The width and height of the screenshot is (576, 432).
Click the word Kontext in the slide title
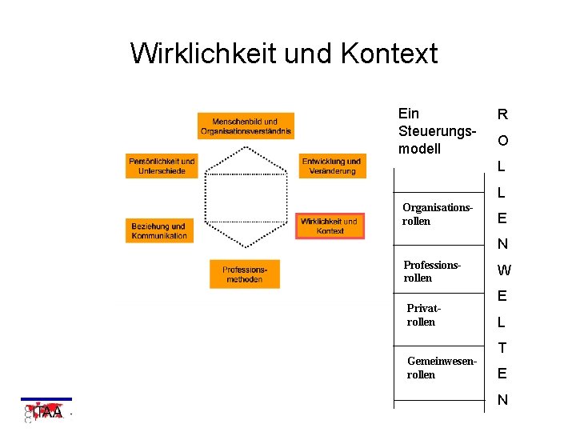(389, 54)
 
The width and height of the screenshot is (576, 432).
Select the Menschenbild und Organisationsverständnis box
(246, 126)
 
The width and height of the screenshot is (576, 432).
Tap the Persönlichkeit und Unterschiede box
(162, 166)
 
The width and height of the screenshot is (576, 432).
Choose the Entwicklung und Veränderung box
(331, 166)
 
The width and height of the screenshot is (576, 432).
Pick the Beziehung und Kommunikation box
(160, 230)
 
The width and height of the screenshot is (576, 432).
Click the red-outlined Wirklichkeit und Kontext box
(330, 226)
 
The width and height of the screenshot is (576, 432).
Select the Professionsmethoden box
(244, 274)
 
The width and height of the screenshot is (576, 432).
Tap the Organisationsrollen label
(437, 214)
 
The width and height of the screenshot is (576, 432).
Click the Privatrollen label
(423, 314)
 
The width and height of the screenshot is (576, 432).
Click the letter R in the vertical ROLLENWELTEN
(502, 114)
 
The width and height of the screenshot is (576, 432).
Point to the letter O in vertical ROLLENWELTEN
(502, 141)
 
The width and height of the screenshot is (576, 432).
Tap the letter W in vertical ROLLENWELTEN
(503, 270)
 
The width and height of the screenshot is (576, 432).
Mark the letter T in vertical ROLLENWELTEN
(502, 348)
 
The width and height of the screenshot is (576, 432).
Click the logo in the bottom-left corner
(46, 411)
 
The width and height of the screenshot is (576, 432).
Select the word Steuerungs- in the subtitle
(437, 131)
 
